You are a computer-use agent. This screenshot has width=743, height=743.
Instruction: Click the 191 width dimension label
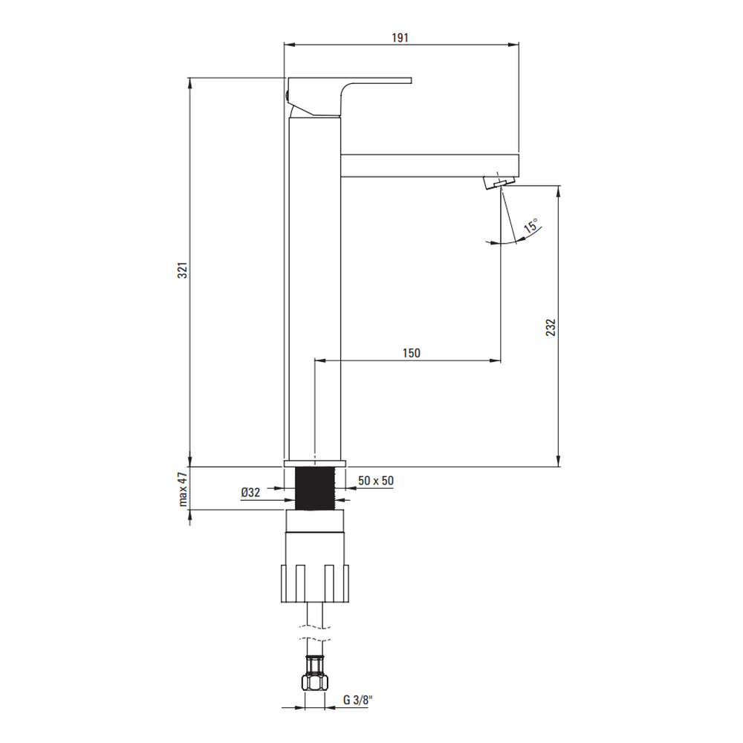pyautogui.click(x=400, y=37)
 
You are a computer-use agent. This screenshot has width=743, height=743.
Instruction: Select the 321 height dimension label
pyautogui.click(x=183, y=270)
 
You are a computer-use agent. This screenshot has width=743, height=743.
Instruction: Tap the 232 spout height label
pyautogui.click(x=551, y=328)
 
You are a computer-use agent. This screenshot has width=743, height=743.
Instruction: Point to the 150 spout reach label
pyautogui.click(x=412, y=353)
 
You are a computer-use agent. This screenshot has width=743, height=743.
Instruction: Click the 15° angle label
pyautogui.click(x=531, y=226)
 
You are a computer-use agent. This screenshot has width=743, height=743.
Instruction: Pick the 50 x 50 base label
pyautogui.click(x=376, y=481)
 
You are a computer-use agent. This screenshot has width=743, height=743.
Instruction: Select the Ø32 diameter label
pyautogui.click(x=250, y=493)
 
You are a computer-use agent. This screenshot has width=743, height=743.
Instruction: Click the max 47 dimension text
pyautogui.click(x=184, y=490)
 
